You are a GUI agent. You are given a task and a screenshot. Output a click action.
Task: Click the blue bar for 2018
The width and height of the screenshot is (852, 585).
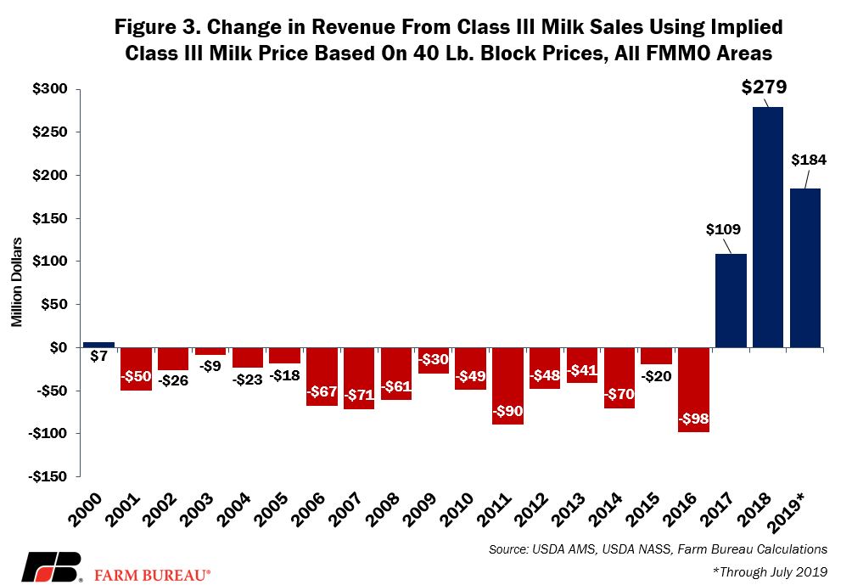tap(768, 228)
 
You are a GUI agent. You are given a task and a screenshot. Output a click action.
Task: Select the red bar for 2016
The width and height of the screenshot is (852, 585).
tap(694, 389)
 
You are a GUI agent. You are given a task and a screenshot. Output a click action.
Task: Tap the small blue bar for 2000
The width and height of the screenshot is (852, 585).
tap(99, 345)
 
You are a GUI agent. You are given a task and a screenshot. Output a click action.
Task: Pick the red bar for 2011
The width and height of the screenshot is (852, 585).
tap(507, 386)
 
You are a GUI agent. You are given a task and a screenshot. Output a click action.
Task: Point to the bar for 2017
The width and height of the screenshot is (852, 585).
tap(731, 301)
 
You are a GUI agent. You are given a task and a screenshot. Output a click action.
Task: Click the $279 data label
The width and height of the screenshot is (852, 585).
tap(764, 87)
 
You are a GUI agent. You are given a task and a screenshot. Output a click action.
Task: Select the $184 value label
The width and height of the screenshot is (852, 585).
tap(809, 160)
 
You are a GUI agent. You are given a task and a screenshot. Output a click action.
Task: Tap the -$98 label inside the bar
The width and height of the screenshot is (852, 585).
tap(694, 419)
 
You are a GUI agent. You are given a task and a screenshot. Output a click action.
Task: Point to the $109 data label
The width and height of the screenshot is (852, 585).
tap(723, 229)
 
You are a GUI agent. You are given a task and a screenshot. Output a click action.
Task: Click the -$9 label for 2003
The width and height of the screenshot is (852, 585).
tap(210, 366)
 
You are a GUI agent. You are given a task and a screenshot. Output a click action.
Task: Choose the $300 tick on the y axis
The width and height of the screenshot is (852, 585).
tap(49, 89)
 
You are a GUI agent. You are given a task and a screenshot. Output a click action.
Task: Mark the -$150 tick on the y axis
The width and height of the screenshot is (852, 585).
tap(48, 477)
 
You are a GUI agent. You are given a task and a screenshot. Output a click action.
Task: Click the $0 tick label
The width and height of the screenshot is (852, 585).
tap(59, 347)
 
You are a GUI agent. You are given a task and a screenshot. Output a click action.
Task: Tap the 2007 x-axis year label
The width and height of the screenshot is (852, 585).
tap(345, 509)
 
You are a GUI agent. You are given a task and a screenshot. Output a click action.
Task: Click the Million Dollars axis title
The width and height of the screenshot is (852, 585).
tap(17, 282)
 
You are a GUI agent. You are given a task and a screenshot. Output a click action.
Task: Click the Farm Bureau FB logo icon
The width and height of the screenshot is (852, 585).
tap(52, 568)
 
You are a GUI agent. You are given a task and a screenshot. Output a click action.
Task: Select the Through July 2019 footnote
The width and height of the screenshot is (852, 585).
tap(770, 571)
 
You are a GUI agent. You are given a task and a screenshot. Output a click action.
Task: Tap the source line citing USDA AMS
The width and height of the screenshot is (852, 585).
tap(658, 549)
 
